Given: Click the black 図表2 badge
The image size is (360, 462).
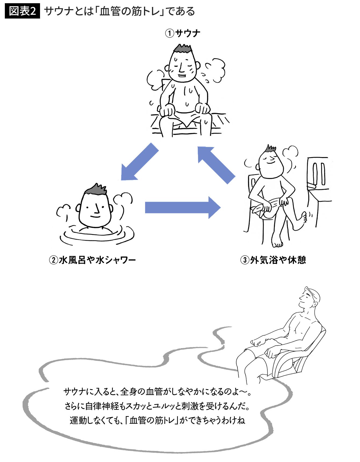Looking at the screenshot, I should point(22,11).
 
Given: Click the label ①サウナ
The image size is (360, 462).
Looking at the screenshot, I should point(182,33).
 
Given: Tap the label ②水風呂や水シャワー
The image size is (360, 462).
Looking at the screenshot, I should point(92,260).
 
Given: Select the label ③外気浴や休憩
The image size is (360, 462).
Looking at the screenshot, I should point(273,260).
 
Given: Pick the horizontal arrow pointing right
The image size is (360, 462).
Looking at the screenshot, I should point(183,207).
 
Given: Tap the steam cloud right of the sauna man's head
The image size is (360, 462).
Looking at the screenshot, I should point(215,69).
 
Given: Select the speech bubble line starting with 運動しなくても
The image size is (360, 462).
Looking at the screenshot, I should point(157,420).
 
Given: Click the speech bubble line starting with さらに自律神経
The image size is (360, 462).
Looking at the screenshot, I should point(157,406).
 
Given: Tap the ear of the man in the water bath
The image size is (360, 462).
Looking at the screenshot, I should point(78,208).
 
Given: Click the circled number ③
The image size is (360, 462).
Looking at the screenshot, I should point(244,260).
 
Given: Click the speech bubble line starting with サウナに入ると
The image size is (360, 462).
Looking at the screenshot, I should point(157,392).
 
